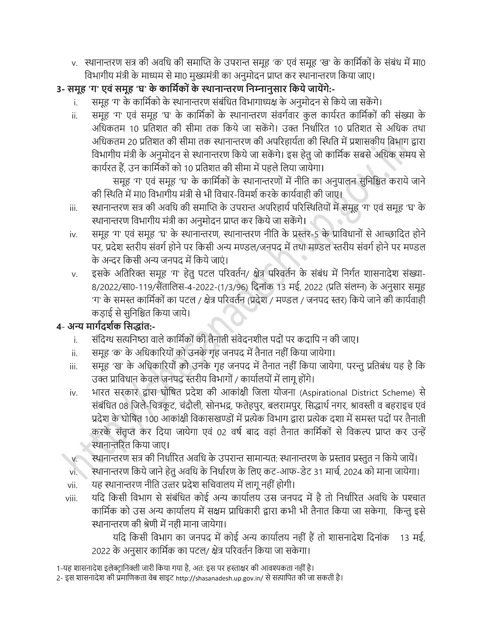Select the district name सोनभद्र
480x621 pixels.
[x=218, y=406]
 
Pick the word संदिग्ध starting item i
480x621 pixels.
[x=105, y=340]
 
